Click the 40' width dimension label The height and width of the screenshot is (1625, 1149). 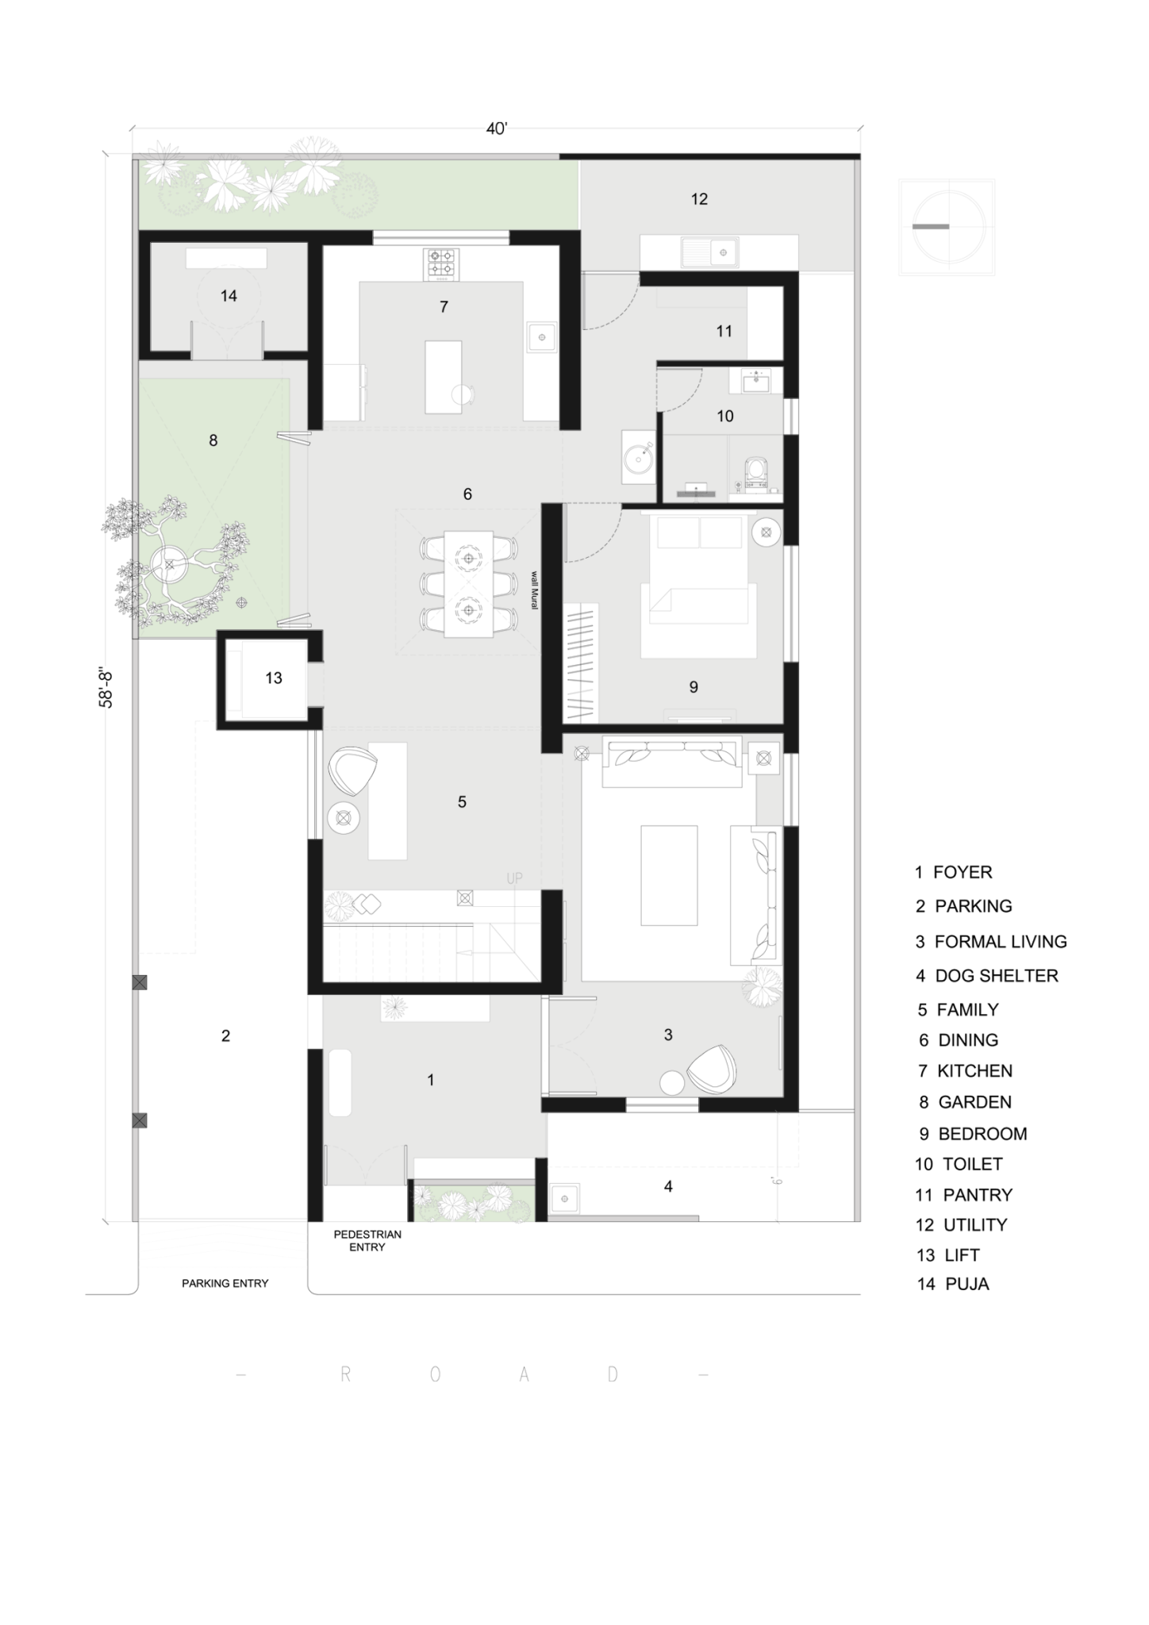(x=496, y=129)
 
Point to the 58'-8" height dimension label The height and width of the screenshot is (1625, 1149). (x=106, y=688)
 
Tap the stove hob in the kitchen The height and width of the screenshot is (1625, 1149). (x=442, y=264)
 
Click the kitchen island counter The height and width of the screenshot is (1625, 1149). (x=443, y=376)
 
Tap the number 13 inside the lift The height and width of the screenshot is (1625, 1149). (x=274, y=678)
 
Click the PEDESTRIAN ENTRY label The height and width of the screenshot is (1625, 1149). (x=367, y=1241)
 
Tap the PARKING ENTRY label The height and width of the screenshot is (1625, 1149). (x=225, y=1283)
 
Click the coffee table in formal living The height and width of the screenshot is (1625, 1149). (x=669, y=875)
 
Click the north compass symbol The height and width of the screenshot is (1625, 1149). (x=947, y=227)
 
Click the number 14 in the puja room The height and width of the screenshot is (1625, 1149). (x=229, y=296)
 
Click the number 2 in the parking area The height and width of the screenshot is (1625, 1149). (x=225, y=1035)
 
